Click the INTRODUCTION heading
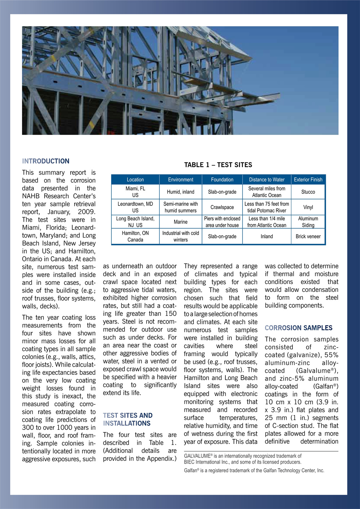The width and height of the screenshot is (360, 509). [x=46, y=161]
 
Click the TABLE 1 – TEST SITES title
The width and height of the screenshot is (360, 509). [x=218, y=165]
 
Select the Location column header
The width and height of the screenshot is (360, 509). [x=135, y=180]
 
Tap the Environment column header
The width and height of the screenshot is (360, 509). [x=181, y=180]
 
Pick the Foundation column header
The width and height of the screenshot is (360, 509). [x=222, y=180]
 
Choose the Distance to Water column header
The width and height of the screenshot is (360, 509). [x=267, y=180]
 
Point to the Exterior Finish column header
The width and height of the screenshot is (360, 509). [x=308, y=180]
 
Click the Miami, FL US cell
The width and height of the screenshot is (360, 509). [x=135, y=192]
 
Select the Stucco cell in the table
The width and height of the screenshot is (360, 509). [x=308, y=192]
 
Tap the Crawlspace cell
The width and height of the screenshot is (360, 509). [x=222, y=207]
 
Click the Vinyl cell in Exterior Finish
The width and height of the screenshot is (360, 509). [x=308, y=207]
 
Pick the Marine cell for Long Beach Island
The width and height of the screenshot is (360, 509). [x=181, y=222]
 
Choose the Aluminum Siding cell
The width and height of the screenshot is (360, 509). [x=308, y=222]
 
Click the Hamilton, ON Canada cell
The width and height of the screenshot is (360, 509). [x=135, y=237]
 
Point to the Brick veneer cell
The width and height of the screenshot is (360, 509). [x=308, y=237]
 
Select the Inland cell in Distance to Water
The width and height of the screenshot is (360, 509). [x=267, y=237]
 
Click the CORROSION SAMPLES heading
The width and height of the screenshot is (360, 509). [x=298, y=328]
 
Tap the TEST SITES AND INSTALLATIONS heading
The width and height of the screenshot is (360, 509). [x=128, y=419]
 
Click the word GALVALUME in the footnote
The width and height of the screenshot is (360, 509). [x=197, y=456]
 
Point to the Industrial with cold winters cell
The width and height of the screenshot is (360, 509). [x=181, y=237]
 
